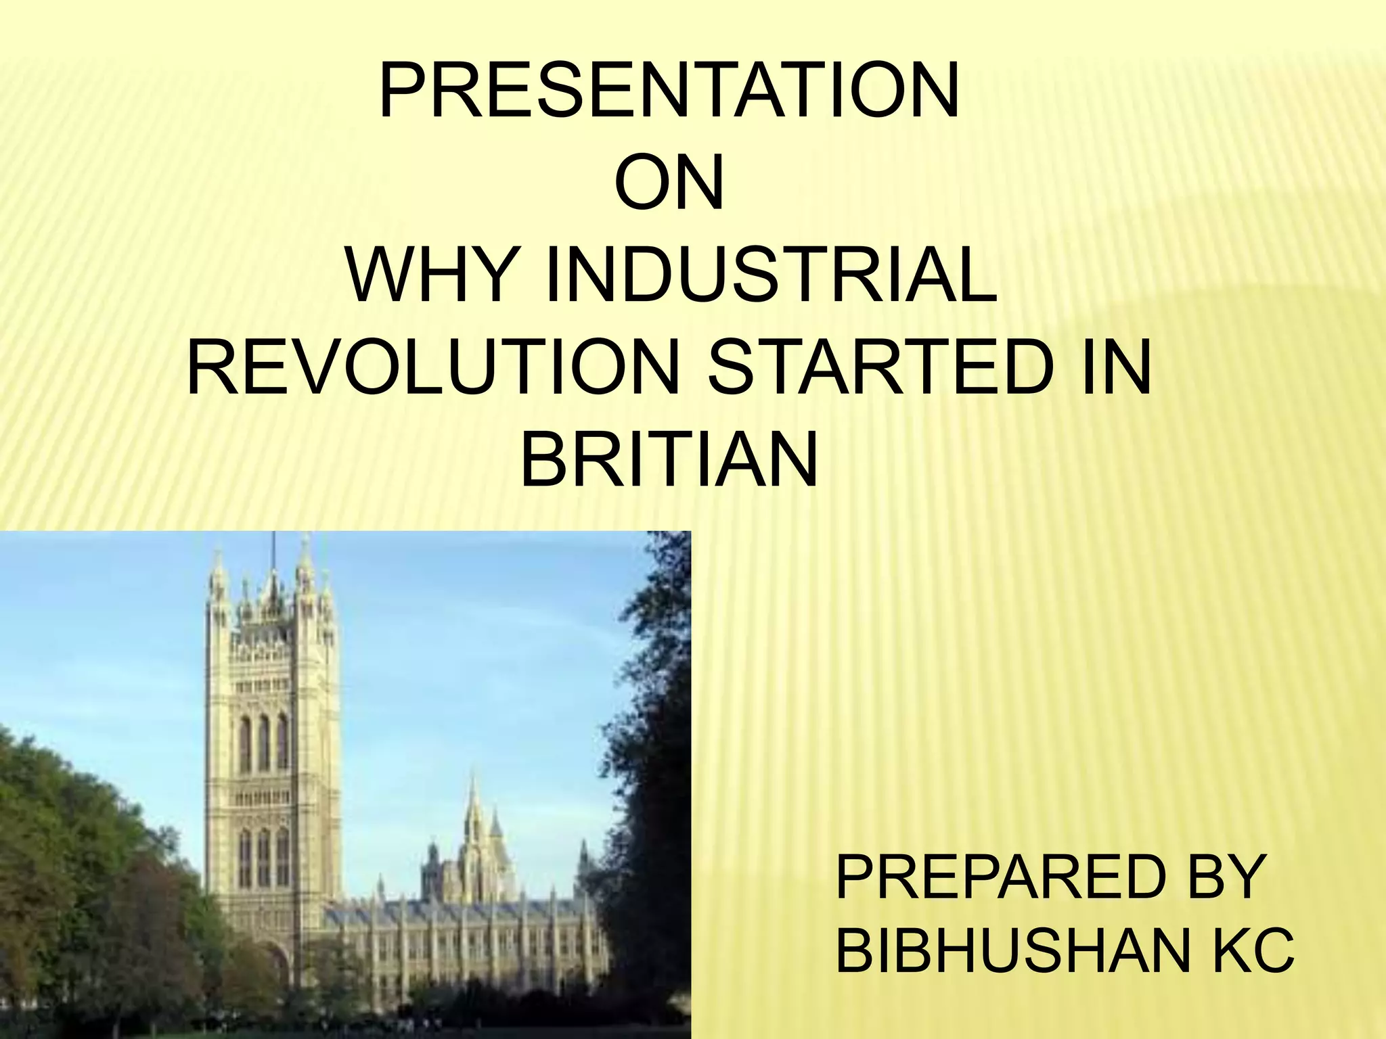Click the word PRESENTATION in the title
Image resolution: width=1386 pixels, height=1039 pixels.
[x=669, y=91]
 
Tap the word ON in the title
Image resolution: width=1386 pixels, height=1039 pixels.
[x=669, y=185]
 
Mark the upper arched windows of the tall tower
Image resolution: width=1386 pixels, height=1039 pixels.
[x=264, y=744]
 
